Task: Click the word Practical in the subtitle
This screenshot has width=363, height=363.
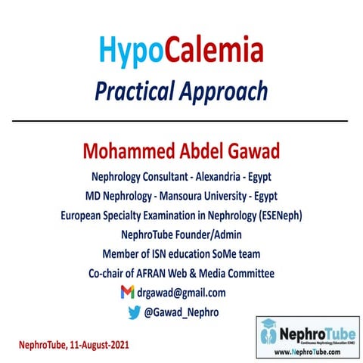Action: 133,92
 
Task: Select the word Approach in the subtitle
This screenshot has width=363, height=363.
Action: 223,92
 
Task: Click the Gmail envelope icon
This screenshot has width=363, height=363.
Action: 127,292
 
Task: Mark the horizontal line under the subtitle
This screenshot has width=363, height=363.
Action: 181,120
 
